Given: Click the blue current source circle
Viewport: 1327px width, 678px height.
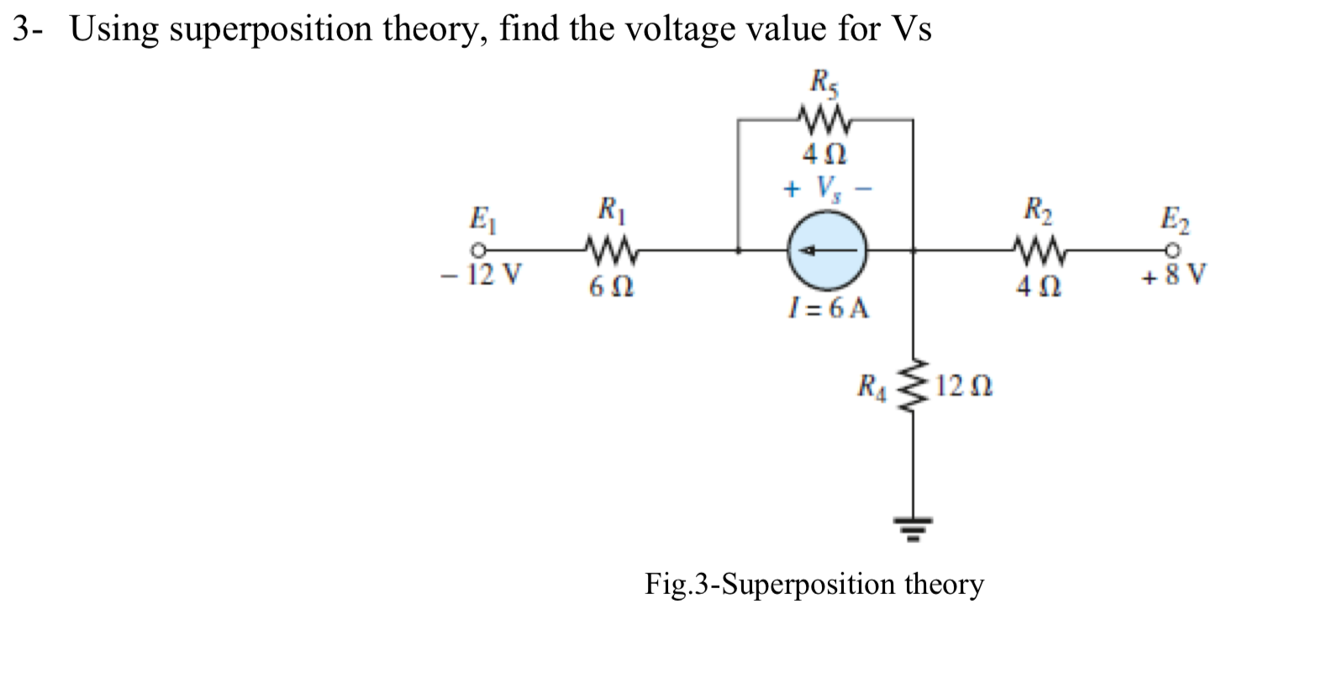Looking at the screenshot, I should click(827, 250).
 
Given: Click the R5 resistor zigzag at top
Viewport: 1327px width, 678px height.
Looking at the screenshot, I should click(826, 121).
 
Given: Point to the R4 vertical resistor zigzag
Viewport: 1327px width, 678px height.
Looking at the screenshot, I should click(914, 387).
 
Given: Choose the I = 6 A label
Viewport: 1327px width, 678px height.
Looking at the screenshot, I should click(827, 308).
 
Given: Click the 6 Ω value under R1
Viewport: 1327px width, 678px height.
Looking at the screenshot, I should click(610, 287).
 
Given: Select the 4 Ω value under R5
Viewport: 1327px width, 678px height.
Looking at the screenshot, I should click(824, 155).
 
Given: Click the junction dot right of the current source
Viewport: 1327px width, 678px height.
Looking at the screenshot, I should click(914, 250).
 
